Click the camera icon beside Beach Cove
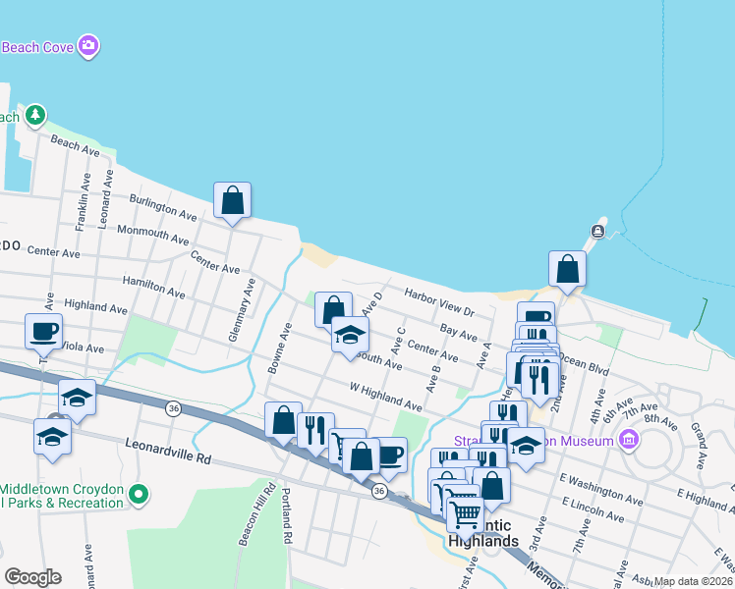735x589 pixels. [88, 45]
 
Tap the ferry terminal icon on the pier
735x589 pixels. [597, 232]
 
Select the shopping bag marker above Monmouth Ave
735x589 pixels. [233, 200]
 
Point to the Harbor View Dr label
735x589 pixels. [440, 301]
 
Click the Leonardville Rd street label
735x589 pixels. [168, 451]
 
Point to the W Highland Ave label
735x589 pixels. [386, 395]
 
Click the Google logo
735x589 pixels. [32, 577]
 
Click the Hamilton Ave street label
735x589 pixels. [153, 287]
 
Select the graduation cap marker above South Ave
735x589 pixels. [350, 336]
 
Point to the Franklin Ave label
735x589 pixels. [85, 202]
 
